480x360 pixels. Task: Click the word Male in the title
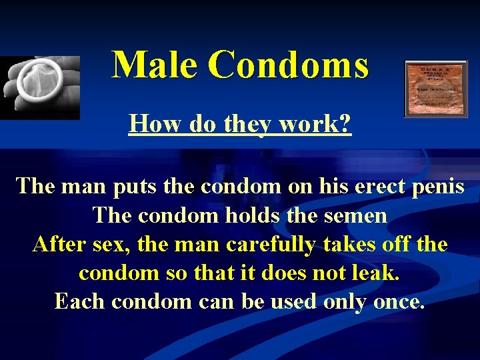[155, 65]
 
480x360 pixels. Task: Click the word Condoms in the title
[288, 65]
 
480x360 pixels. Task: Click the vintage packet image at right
[436, 89]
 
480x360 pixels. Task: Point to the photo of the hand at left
[40, 87]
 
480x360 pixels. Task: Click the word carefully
[270, 244]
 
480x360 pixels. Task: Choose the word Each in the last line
[80, 301]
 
